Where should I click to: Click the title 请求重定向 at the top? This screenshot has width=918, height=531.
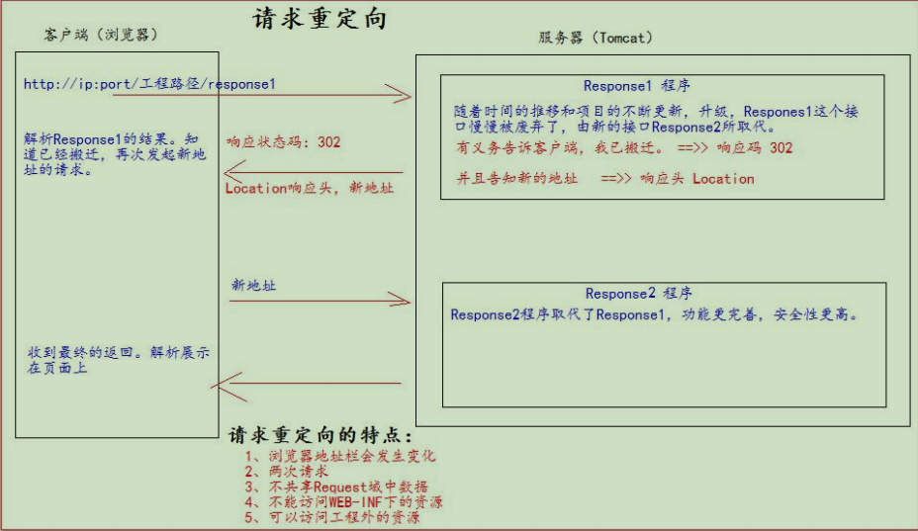click(x=320, y=19)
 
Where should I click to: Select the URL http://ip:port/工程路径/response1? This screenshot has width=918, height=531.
click(x=149, y=84)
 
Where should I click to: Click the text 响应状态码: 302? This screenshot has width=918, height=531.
click(x=283, y=142)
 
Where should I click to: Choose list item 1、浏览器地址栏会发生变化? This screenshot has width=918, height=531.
click(x=340, y=456)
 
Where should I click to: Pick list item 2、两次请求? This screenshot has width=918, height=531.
click(x=287, y=472)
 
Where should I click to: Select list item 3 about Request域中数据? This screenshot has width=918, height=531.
click(x=336, y=487)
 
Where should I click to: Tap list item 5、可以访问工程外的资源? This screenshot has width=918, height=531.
click(x=332, y=517)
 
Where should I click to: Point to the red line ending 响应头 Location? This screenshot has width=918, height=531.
click(x=603, y=179)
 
